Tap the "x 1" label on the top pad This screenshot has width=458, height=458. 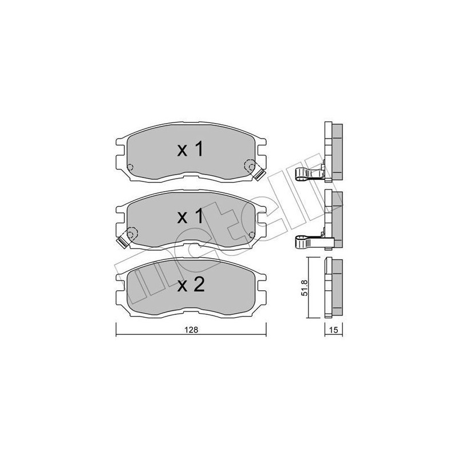(x=191, y=150)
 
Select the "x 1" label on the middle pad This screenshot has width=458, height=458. (x=191, y=217)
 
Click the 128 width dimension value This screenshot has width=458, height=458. (x=190, y=330)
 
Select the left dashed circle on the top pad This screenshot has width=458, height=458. (x=129, y=168)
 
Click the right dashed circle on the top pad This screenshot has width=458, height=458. (x=250, y=166)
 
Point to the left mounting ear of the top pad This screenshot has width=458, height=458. (x=120, y=153)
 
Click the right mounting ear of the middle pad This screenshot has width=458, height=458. (x=261, y=220)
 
